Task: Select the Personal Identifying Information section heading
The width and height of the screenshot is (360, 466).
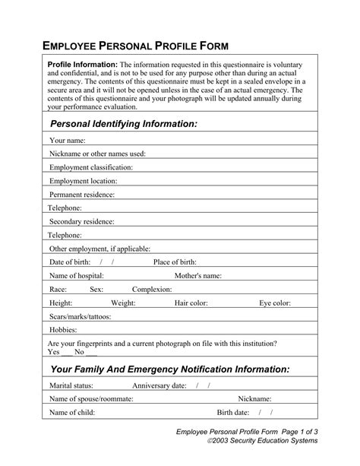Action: click(x=123, y=123)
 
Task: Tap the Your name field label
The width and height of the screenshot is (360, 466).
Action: click(x=67, y=141)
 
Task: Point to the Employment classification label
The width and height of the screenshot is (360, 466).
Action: click(x=90, y=167)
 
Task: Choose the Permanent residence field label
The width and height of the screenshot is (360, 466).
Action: click(x=82, y=195)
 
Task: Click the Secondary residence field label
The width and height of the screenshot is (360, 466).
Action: click(x=81, y=221)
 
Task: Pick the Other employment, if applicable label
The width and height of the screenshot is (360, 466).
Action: click(x=99, y=249)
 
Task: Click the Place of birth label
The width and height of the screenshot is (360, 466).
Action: click(x=175, y=262)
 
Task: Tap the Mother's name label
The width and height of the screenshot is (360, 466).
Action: click(x=198, y=275)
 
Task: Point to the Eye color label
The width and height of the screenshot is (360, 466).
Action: click(x=274, y=303)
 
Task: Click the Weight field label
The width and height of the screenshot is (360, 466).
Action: click(x=123, y=303)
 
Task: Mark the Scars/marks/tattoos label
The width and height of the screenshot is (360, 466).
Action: click(x=80, y=316)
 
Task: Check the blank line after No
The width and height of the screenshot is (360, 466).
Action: click(x=91, y=353)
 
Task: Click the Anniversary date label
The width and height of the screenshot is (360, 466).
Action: click(x=159, y=385)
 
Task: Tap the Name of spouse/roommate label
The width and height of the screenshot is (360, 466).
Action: click(x=91, y=398)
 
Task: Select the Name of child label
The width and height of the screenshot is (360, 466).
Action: click(x=73, y=412)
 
